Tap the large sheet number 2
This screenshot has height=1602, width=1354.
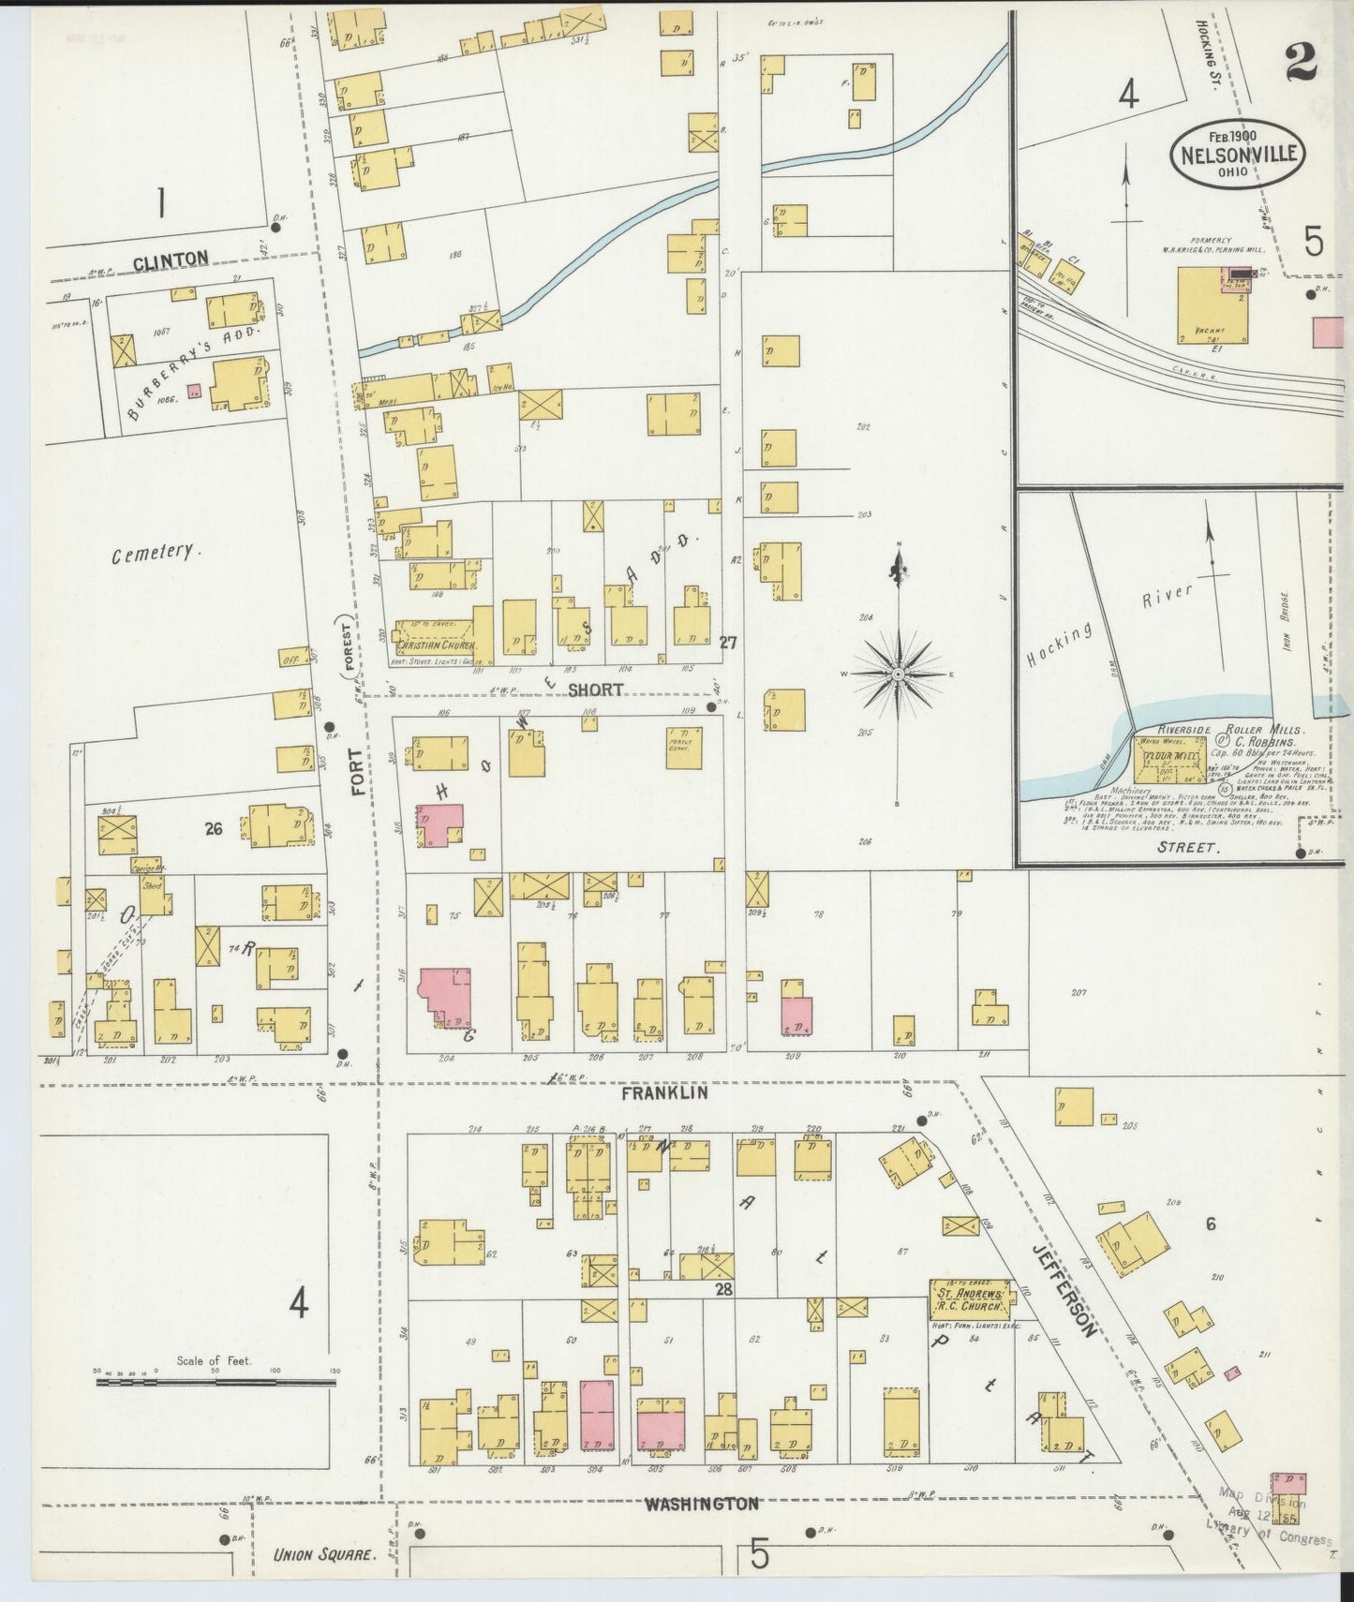[1302, 63]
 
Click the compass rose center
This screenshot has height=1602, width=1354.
[898, 674]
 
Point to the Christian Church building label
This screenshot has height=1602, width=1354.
[437, 645]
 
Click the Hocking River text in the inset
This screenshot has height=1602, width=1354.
[1111, 626]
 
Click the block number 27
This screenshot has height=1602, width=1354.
[728, 643]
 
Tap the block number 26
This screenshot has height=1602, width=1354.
[214, 827]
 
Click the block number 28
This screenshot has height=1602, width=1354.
[723, 1290]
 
